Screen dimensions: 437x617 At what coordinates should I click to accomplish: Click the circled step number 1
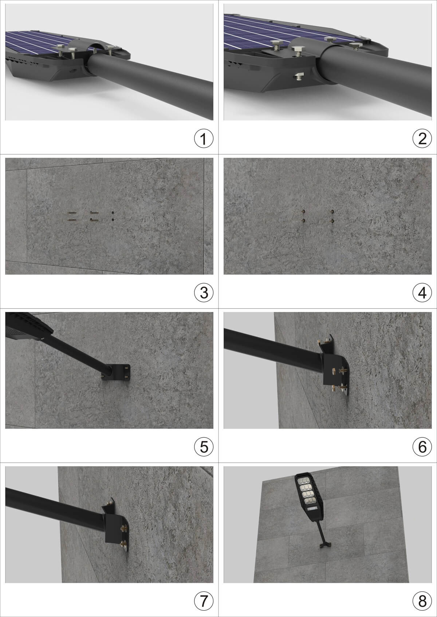pos(204,139)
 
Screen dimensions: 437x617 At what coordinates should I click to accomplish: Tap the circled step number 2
pos(422,139)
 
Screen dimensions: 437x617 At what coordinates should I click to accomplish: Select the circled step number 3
pos(204,293)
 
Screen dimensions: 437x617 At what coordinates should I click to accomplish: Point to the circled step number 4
pos(422,293)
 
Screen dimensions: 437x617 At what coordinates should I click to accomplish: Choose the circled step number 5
pos(204,447)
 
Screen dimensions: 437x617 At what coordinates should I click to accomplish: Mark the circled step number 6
pos(422,447)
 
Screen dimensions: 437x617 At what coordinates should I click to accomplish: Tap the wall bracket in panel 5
pos(119,372)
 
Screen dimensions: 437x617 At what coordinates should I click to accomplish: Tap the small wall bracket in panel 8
pos(325,545)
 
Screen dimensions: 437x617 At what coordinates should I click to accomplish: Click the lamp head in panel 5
pos(28,326)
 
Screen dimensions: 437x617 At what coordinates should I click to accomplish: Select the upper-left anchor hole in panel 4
pos(303,212)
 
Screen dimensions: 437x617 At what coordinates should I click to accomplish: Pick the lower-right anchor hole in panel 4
pos(332,221)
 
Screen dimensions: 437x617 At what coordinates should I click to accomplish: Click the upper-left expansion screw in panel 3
pos(71,213)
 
